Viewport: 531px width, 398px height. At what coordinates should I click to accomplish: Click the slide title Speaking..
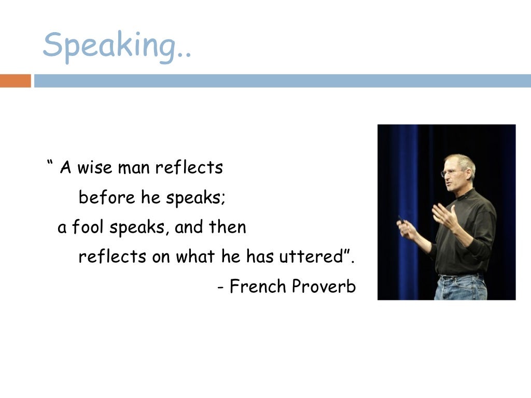click(x=117, y=46)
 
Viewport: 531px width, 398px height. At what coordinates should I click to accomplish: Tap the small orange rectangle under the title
click(x=15, y=81)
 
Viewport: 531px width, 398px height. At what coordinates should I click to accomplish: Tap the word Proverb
click(x=324, y=286)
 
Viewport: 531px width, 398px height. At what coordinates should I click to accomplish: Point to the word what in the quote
click(x=195, y=257)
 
